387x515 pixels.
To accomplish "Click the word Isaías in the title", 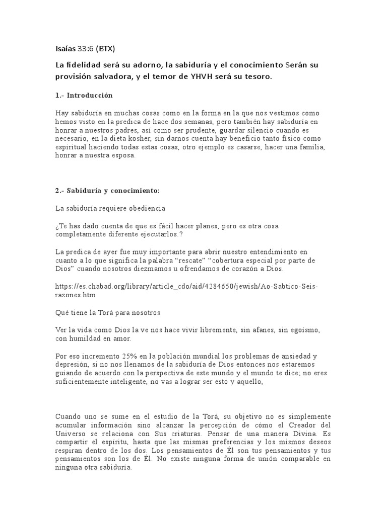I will click(x=66, y=49).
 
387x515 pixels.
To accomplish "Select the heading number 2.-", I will click(x=60, y=191).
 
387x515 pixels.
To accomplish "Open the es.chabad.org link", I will click(x=186, y=286).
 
